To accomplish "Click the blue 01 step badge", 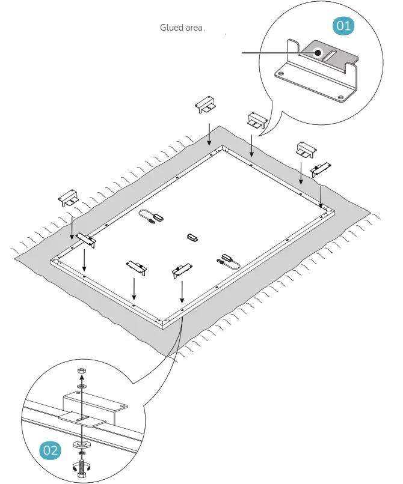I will point(343,26).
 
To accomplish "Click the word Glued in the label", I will point(171,28).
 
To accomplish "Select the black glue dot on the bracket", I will point(317,52).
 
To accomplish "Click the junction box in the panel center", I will point(192,237).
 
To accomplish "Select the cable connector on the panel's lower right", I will point(227,261).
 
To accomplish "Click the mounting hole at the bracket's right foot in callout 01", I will point(341,97).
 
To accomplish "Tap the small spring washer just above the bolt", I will point(82,453).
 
